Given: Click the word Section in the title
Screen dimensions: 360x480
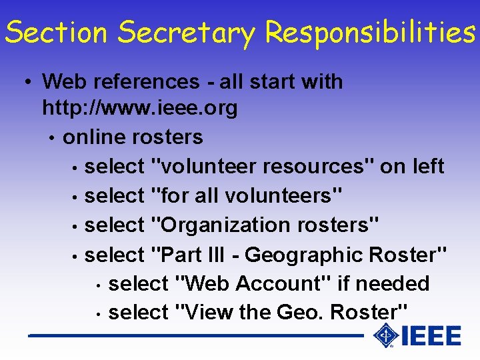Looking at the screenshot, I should (x=56, y=31).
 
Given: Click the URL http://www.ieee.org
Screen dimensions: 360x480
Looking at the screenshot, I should (x=139, y=107).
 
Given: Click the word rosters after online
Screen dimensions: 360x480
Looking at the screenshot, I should (x=167, y=137).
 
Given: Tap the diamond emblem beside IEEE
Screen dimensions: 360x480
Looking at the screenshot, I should (x=385, y=335).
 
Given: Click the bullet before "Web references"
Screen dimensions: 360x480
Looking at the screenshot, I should (x=25, y=83).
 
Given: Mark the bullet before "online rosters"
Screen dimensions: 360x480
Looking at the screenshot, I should (x=51, y=138).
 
